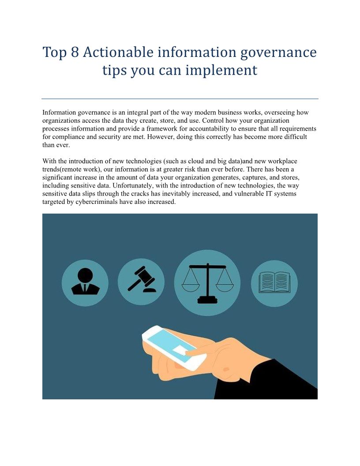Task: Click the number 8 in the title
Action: pos(75,52)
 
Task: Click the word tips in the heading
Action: pos(114,71)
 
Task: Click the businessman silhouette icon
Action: pos(85,282)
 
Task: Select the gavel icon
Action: pos(141,279)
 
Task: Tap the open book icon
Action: pos(274,282)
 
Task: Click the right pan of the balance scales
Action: pos(225,286)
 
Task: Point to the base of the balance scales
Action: pos(208,300)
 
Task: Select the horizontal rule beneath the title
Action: pos(180,99)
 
